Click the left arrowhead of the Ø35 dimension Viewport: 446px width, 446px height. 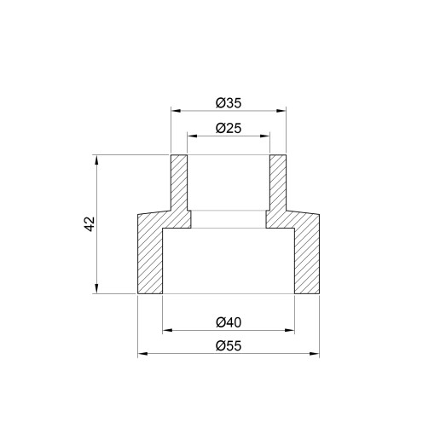tap(175, 110)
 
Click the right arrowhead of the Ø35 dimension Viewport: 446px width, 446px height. tap(283, 110)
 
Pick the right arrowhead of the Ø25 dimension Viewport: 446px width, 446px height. tap(267, 136)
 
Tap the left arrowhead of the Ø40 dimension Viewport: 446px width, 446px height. tap(165, 329)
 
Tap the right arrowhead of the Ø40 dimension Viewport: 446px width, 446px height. tap(292, 329)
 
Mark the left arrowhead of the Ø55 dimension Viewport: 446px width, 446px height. tap(142, 353)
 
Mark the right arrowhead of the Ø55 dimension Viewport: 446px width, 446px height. tap(316, 353)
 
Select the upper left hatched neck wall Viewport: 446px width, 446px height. tap(180, 183)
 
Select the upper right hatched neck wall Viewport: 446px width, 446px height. tap(278, 183)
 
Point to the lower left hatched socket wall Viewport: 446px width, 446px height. tap(149, 256)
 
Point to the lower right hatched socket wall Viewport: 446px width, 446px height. tap(307, 256)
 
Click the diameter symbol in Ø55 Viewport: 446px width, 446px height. tap(220, 346)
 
